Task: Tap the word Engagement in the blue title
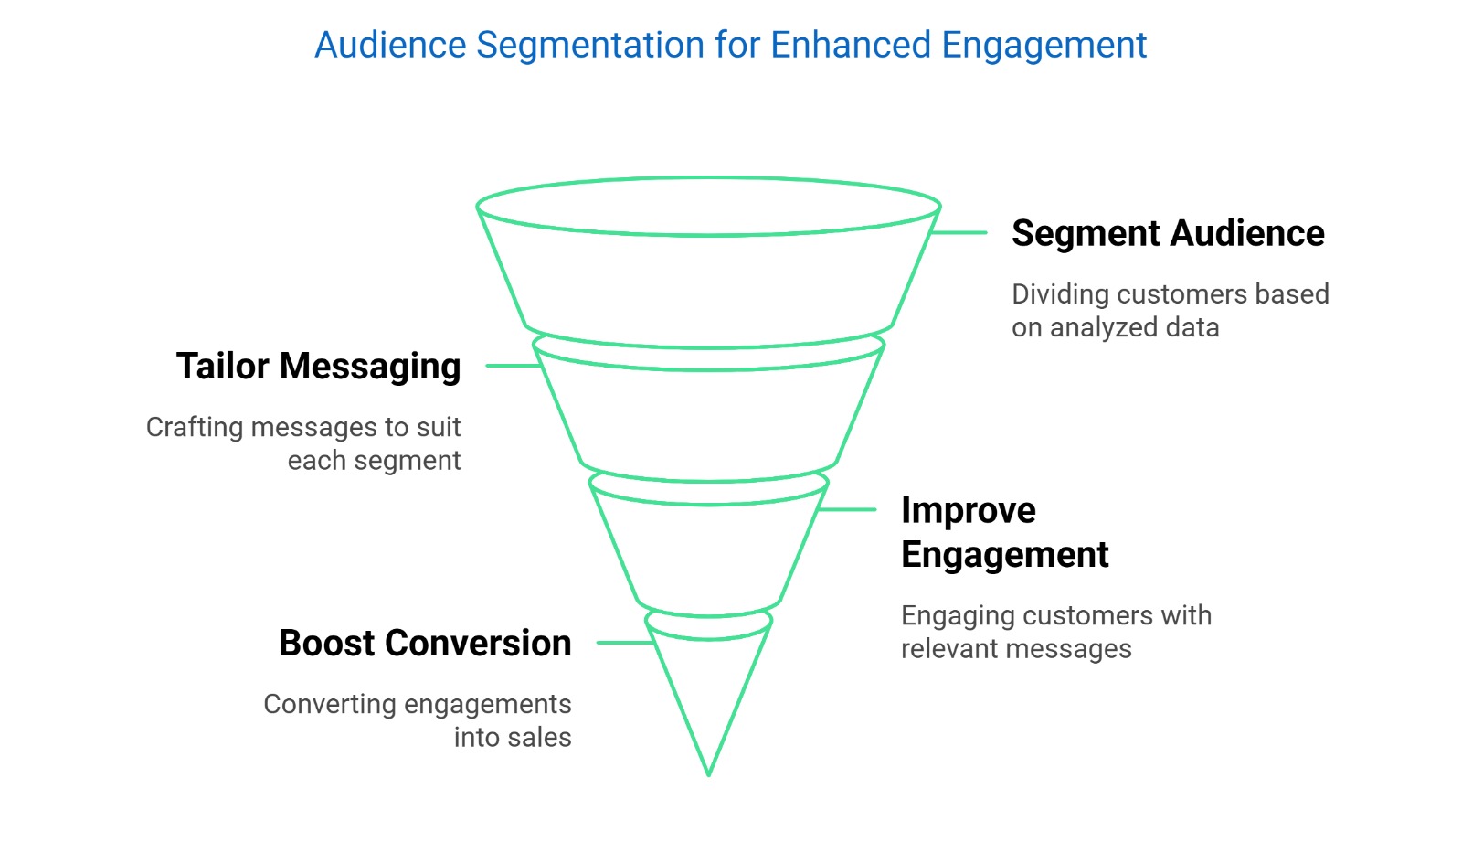point(1044,45)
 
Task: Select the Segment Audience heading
point(1167,233)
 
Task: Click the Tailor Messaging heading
point(318,366)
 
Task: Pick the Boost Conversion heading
point(425,643)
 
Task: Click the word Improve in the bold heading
point(968,510)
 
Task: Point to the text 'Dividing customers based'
point(1170,294)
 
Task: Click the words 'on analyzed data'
point(1115,327)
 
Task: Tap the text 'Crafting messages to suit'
point(303,427)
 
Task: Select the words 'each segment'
point(374,460)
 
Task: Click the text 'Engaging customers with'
point(1055,615)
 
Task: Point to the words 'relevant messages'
point(1015,648)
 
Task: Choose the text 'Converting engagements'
point(417,704)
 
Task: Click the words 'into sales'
point(512,737)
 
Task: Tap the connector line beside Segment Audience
point(959,233)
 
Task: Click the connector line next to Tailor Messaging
point(513,366)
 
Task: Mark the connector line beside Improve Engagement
point(848,509)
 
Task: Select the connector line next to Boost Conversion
point(624,643)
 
